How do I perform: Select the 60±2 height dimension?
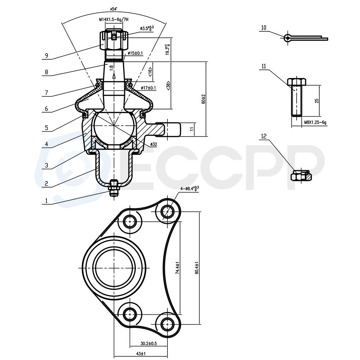click(203, 99)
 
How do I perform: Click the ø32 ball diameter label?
click(154, 144)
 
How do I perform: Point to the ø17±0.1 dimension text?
click(148, 88)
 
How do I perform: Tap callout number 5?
click(46, 127)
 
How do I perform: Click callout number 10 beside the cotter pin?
click(264, 27)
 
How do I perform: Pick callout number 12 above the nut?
click(264, 136)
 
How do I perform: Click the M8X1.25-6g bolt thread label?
click(315, 122)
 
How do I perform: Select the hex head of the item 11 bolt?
click(297, 82)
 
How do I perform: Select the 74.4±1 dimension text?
click(177, 268)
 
